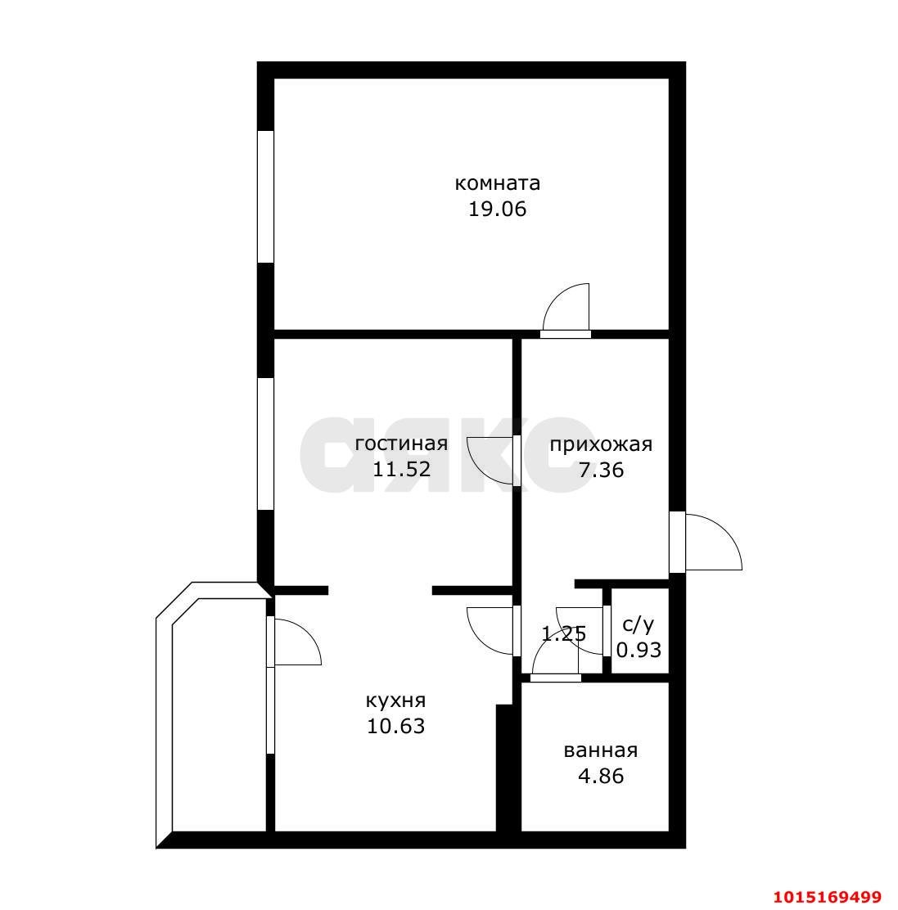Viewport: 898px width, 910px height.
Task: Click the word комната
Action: [497, 182]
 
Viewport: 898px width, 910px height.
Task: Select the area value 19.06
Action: [497, 209]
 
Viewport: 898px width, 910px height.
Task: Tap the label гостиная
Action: [401, 444]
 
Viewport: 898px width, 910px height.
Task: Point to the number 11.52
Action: [401, 470]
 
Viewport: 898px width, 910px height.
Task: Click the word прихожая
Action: [600, 444]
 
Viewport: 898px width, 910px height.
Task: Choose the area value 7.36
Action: [600, 470]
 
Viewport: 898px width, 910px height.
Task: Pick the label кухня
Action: [395, 701]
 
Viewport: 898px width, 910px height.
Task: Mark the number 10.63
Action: [395, 726]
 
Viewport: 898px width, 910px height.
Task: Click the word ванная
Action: [600, 750]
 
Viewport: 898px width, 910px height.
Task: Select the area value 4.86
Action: [600, 776]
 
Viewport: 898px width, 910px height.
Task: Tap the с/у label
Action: [639, 625]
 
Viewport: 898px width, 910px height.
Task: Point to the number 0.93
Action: [639, 650]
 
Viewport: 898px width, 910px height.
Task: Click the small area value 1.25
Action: [564, 633]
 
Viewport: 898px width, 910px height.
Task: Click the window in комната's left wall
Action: [265, 196]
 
